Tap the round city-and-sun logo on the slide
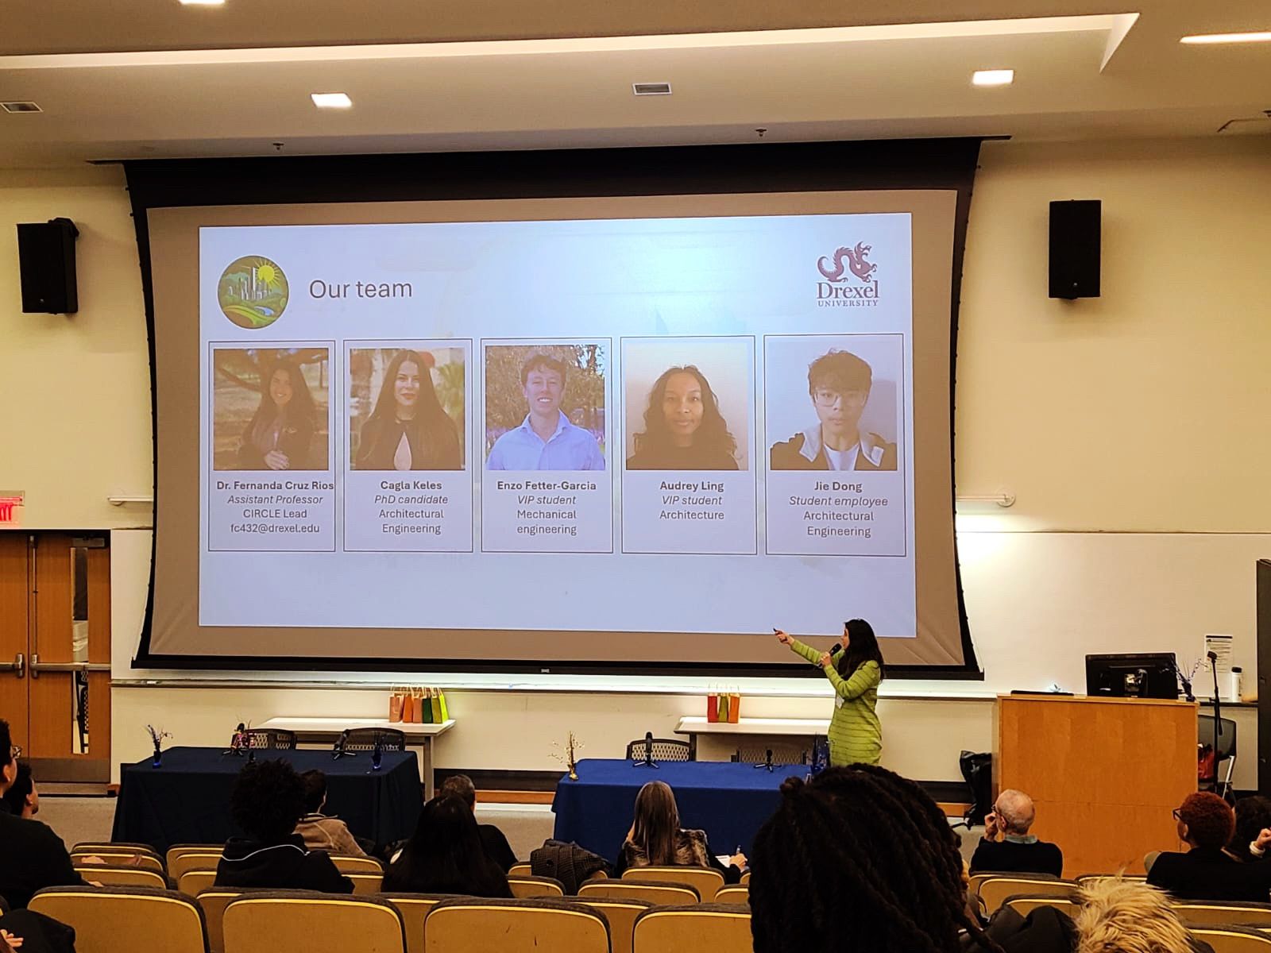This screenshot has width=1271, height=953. click(x=253, y=291)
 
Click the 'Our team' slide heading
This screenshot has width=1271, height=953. click(x=361, y=289)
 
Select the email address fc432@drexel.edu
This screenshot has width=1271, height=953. click(x=275, y=527)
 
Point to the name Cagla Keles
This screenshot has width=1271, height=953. click(x=411, y=485)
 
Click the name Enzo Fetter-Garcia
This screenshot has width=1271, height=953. click(x=547, y=485)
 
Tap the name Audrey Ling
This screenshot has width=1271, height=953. click(x=691, y=485)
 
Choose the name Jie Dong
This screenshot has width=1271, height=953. click(x=838, y=486)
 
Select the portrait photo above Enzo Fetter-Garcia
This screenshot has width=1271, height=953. click(x=545, y=407)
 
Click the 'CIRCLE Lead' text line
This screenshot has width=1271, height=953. click(x=275, y=513)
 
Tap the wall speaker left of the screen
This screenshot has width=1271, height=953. click(x=48, y=266)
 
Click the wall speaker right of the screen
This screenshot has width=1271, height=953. click(x=1074, y=249)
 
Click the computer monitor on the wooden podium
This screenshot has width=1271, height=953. click(x=1130, y=675)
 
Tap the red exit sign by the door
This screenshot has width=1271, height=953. click(x=9, y=508)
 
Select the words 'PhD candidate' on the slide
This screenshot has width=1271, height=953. click(x=411, y=500)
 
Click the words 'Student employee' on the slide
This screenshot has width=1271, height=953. click(x=838, y=501)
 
